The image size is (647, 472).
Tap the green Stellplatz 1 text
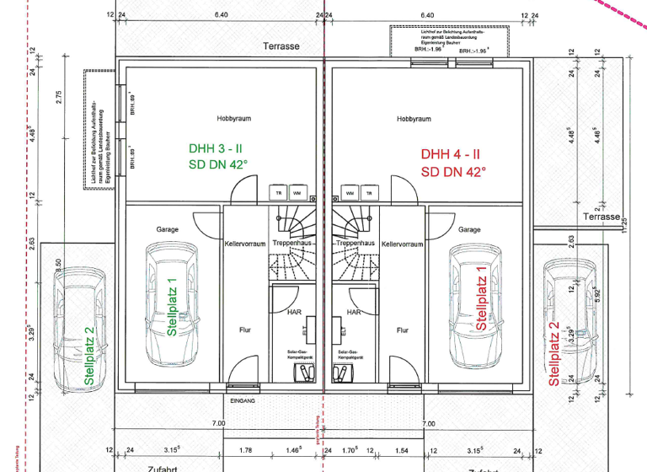click(172, 308)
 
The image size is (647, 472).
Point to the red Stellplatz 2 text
click(554, 354)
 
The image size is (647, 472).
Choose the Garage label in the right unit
click(468, 229)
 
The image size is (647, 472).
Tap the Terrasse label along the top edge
click(281, 46)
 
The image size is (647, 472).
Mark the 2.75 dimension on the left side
click(59, 97)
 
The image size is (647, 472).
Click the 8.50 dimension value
click(58, 264)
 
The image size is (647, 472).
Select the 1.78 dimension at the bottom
click(245, 449)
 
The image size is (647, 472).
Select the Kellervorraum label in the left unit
click(245, 244)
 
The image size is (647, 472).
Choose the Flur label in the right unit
click(403, 330)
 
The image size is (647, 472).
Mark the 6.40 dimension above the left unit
click(221, 15)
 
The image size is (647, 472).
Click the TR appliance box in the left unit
click(278, 193)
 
